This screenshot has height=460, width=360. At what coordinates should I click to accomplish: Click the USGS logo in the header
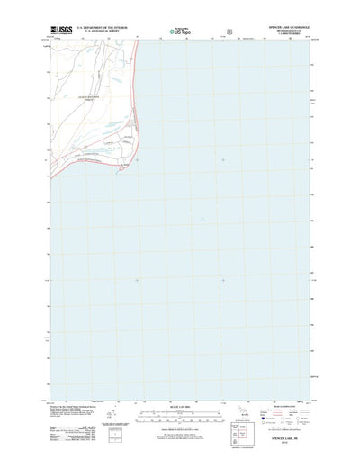[x=60, y=30]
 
